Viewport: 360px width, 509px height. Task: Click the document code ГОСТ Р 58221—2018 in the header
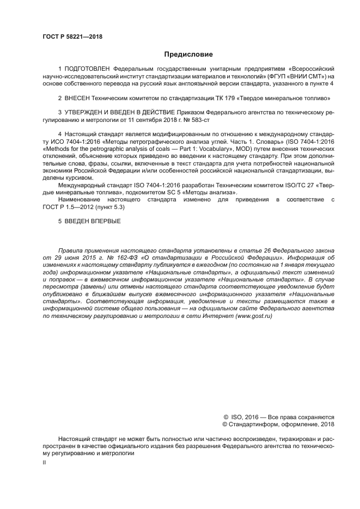click(x=72, y=36)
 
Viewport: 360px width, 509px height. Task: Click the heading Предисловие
click(x=188, y=54)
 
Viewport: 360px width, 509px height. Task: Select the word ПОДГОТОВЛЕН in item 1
click(x=88, y=69)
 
